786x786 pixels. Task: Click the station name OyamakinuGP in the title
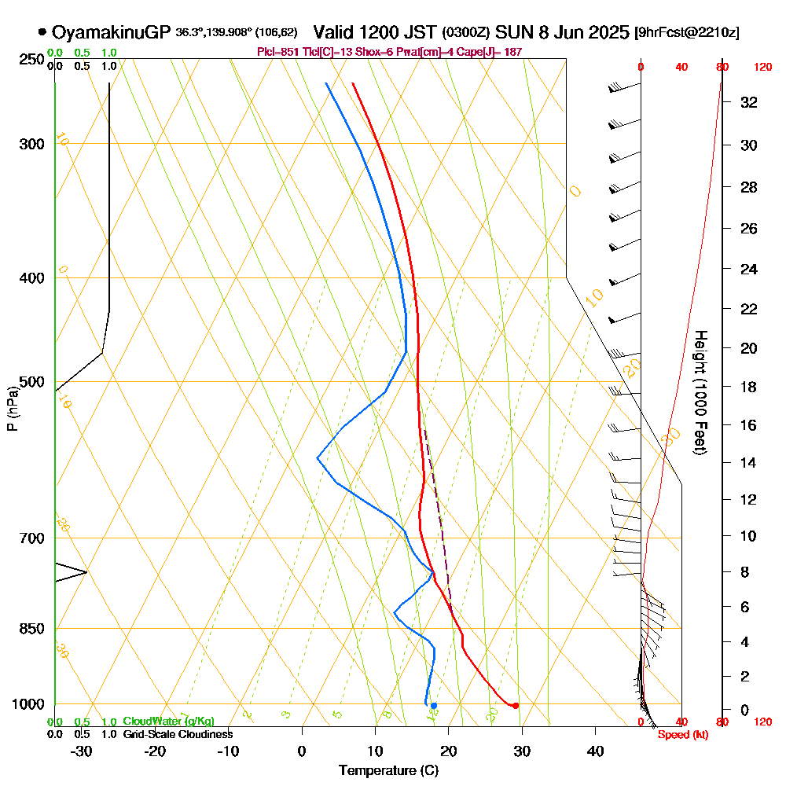[111, 32]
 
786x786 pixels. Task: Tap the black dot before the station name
[42, 33]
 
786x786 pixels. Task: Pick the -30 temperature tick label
[82, 751]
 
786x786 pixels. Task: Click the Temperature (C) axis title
[388, 770]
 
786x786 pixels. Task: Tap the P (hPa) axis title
[12, 408]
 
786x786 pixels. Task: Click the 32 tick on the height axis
[748, 102]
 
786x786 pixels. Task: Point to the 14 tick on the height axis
[748, 462]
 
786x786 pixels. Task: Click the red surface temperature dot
[516, 705]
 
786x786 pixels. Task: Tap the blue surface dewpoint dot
[433, 705]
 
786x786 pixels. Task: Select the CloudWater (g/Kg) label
[168, 722]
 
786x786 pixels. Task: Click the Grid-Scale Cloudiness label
[178, 734]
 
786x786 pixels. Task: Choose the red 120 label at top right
[762, 67]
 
